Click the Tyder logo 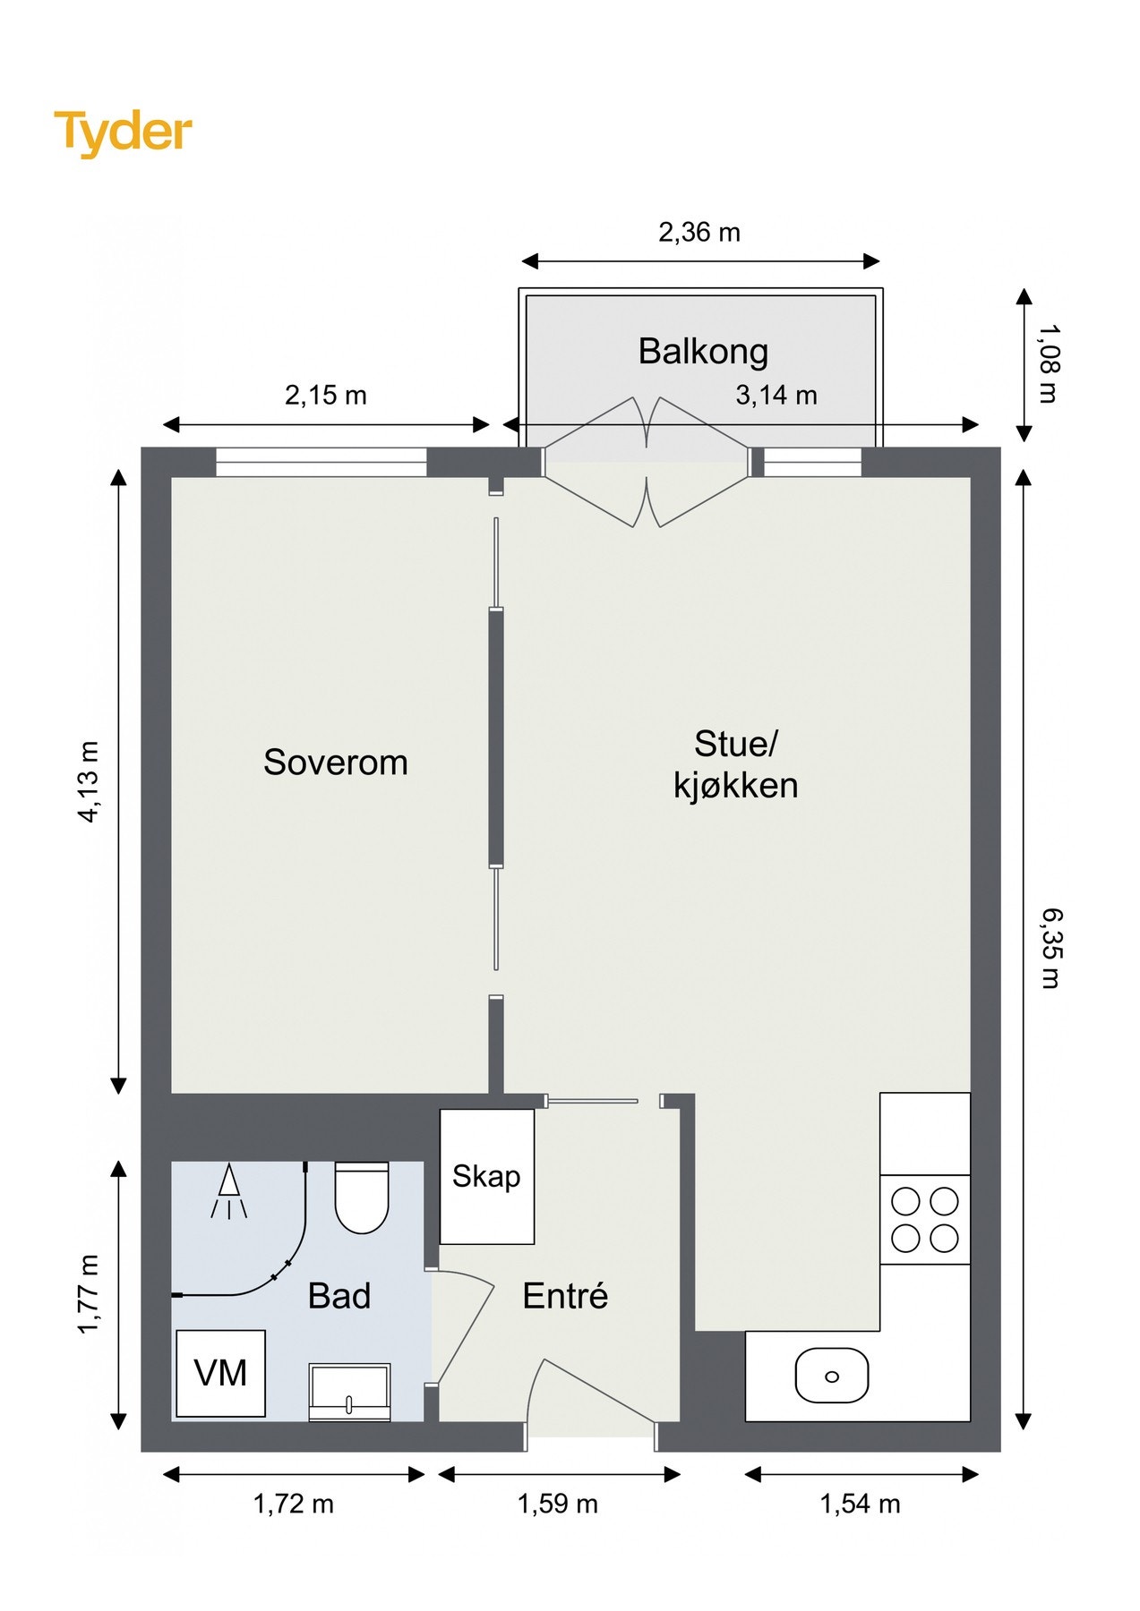[x=123, y=132]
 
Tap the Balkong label [x=703, y=352]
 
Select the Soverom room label [x=336, y=763]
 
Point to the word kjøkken [x=735, y=786]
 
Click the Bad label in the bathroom [x=339, y=1296]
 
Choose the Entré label [x=565, y=1296]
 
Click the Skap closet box [x=487, y=1176]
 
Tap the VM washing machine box [x=220, y=1373]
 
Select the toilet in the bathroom [x=362, y=1198]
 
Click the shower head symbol [x=228, y=1190]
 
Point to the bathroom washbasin [x=349, y=1392]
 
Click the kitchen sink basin [x=832, y=1376]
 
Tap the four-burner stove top [x=925, y=1219]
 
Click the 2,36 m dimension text [x=699, y=233]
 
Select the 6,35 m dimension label [x=1050, y=948]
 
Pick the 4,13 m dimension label [x=90, y=781]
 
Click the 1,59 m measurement [x=557, y=1504]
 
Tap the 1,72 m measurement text [x=294, y=1504]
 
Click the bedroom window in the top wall [x=321, y=462]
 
